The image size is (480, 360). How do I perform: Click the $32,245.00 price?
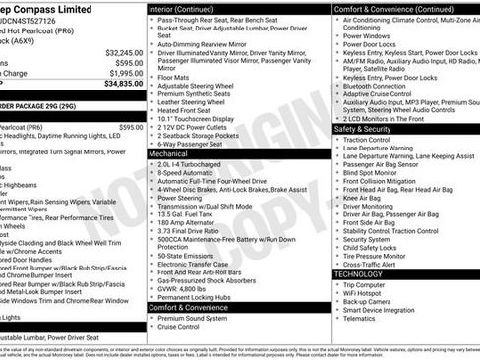123,52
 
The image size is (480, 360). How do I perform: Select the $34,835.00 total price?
123,84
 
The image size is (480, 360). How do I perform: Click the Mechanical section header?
169,153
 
